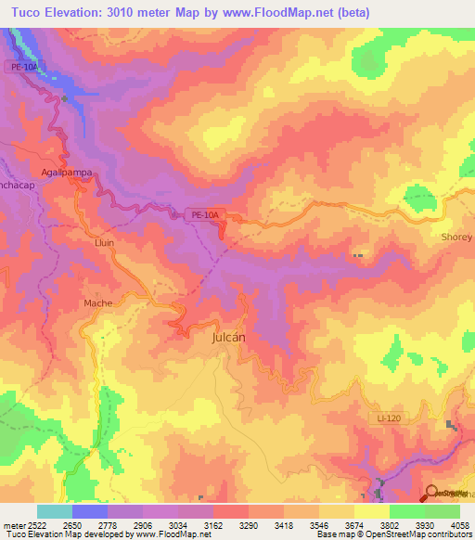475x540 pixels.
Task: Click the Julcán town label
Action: pos(224,338)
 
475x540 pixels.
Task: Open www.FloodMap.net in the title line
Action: pos(292,12)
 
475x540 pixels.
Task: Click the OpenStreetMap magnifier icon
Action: pos(431,494)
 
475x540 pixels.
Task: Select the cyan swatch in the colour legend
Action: pos(54,511)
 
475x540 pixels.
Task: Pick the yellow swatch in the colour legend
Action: pos(371,511)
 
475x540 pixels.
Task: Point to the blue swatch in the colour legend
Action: pos(90,511)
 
